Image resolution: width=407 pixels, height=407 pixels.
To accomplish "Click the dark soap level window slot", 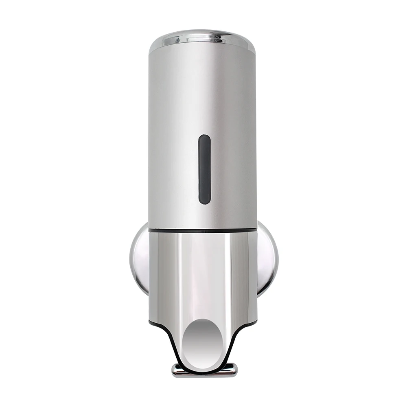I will tap(204, 169).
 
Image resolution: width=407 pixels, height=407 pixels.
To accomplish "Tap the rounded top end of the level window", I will tap(204, 138).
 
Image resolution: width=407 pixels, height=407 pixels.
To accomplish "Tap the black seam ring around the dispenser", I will tap(202, 231).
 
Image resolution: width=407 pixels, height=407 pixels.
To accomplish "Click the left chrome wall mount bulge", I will tap(139, 256).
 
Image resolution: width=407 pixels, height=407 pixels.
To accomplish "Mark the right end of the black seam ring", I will tap(256, 230).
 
